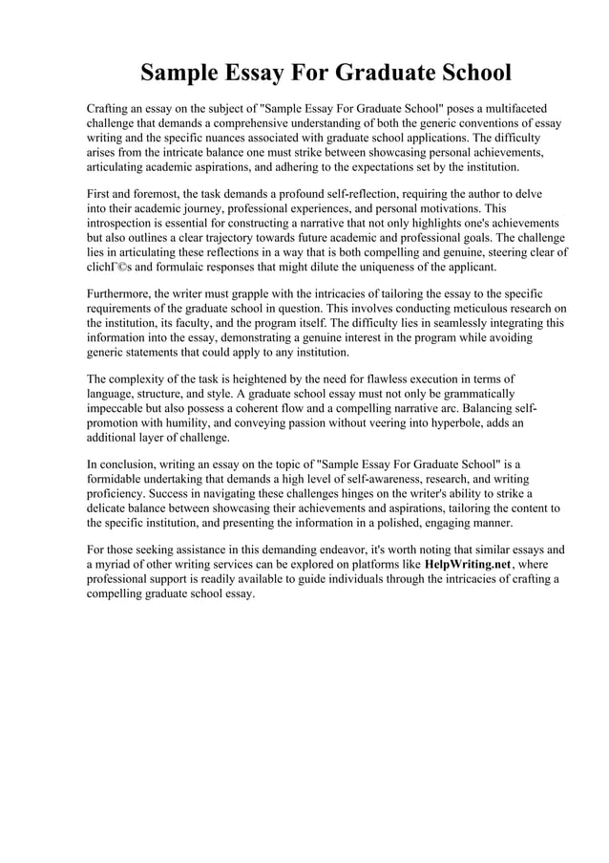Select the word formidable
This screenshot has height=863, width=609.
pos(118,479)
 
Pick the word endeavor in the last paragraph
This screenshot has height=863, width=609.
pos(325,550)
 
